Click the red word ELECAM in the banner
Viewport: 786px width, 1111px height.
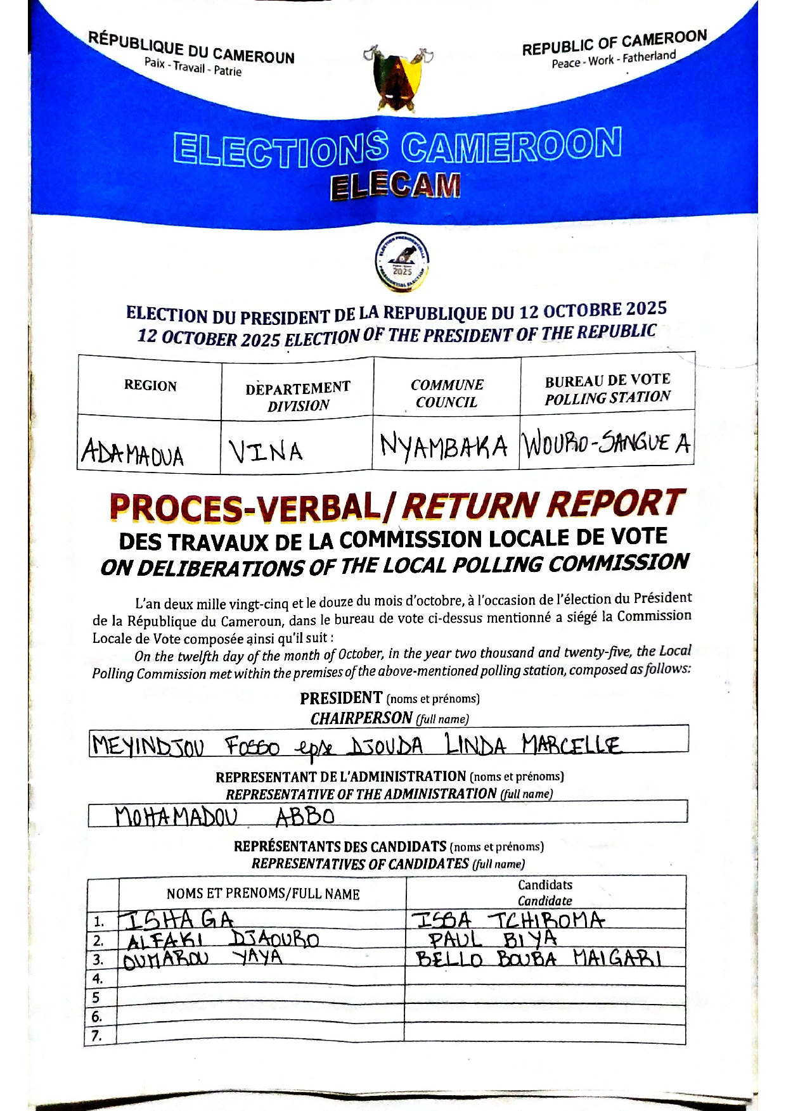(395, 186)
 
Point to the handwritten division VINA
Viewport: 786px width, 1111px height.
(266, 452)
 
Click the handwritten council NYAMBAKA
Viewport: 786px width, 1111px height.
(444, 447)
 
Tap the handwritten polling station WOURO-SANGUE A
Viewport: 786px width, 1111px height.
(606, 443)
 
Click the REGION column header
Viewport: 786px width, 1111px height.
(150, 386)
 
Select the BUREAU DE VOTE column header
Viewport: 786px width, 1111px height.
(607, 380)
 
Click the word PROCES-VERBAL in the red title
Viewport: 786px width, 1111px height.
(245, 507)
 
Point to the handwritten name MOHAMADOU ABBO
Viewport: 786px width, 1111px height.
(224, 816)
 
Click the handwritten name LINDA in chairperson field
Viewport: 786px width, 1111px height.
(475, 745)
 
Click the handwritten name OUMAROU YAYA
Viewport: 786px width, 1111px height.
(203, 958)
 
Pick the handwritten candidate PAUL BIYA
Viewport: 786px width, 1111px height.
(493, 939)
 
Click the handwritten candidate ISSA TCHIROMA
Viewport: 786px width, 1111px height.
(508, 920)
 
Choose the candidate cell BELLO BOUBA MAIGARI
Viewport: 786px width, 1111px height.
(539, 958)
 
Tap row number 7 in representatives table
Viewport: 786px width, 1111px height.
(96, 1036)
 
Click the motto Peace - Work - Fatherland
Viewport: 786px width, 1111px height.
(613, 60)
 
